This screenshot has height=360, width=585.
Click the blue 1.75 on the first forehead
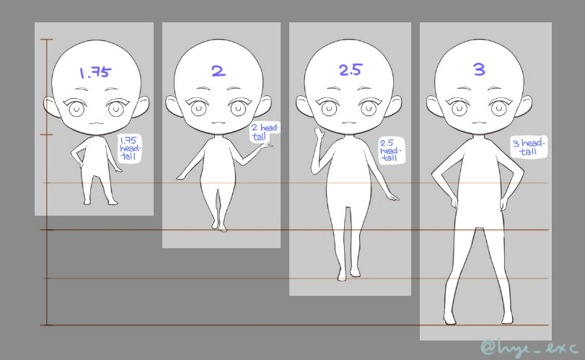95,72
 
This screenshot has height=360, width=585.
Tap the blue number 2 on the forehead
219,71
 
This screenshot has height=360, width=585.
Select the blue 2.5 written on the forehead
351,70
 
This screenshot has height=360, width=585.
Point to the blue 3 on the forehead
479,69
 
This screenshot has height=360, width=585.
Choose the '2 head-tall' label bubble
265,132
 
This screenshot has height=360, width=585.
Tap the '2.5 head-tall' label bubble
392,150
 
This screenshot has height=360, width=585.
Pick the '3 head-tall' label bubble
529,146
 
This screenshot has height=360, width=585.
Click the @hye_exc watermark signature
529,347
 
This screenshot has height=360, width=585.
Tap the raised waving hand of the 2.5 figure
319,134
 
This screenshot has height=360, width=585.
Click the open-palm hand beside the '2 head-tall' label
265,146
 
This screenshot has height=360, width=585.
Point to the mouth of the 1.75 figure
96,123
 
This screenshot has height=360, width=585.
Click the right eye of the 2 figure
238,107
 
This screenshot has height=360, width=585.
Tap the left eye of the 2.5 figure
327,107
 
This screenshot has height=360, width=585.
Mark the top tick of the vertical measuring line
47,39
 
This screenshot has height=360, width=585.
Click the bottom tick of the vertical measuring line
47,325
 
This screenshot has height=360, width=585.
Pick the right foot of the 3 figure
507,318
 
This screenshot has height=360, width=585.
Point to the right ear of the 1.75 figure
144,105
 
